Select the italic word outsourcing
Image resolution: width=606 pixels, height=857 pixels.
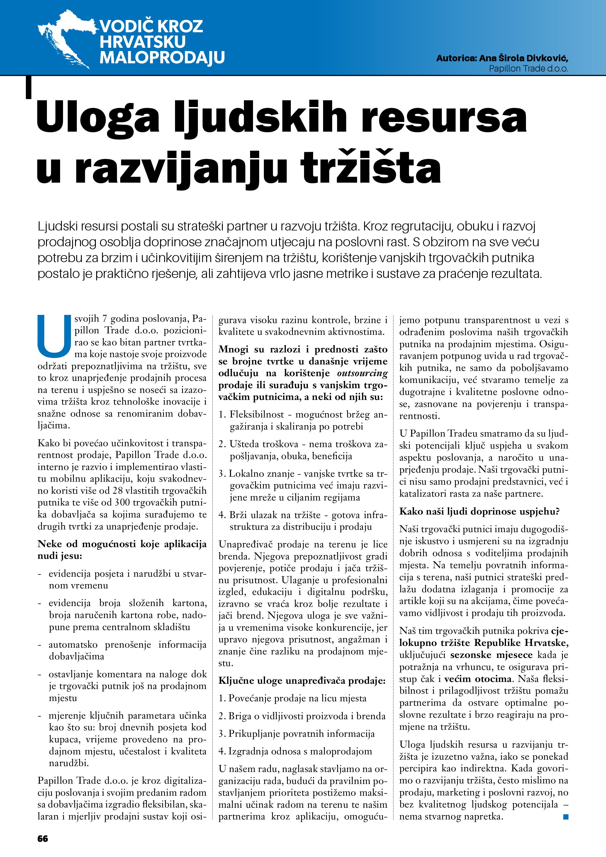(x=362, y=373)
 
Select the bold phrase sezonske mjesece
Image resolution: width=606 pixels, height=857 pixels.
(x=491, y=655)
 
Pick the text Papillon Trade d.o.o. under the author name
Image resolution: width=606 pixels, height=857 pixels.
(x=528, y=69)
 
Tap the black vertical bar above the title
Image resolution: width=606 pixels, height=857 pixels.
(x=28, y=87)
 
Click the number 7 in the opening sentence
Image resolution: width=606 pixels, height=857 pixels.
(x=105, y=319)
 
